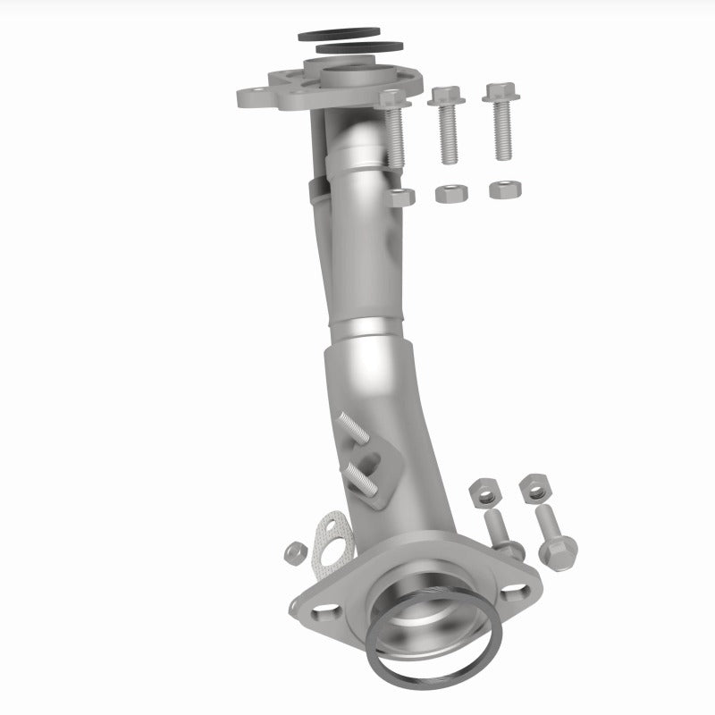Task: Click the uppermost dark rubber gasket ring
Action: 313,37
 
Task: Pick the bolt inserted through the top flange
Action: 394,130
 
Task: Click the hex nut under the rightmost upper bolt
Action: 505,189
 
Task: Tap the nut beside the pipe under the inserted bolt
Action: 401,197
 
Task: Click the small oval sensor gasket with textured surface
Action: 332,541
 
